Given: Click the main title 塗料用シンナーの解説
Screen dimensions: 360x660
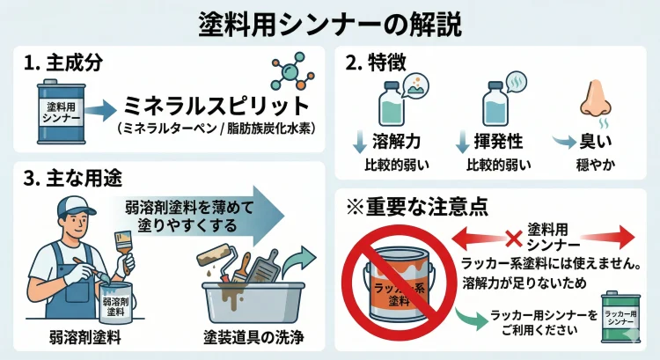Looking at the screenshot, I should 330,20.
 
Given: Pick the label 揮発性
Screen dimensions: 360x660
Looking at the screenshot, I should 498,143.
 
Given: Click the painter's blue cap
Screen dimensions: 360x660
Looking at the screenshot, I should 76,208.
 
